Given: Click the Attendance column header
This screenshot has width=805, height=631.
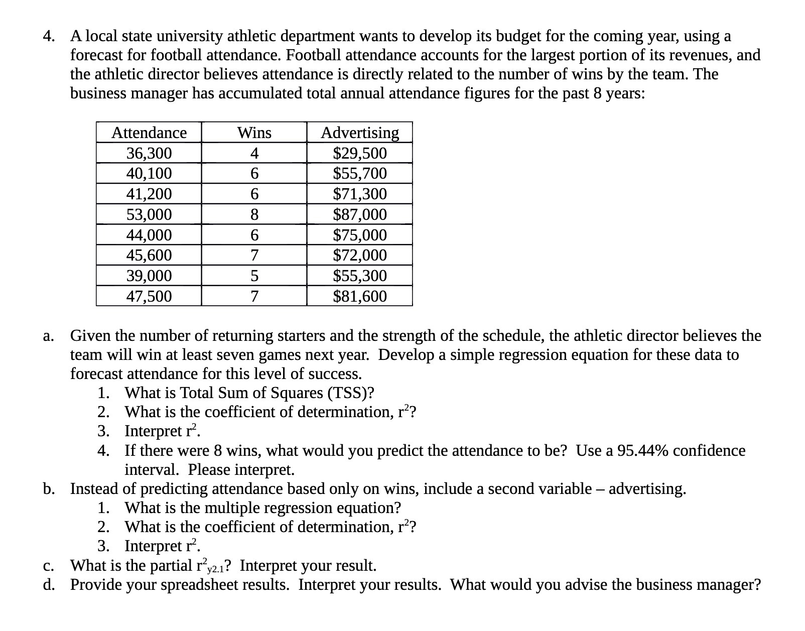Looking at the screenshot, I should click(x=149, y=133).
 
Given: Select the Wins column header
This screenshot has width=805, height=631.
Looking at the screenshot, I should click(x=254, y=133).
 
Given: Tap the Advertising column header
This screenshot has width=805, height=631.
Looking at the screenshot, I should click(x=360, y=133).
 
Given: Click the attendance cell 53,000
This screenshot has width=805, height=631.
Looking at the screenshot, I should click(x=149, y=215).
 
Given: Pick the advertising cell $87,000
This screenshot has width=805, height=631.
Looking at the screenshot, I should click(x=360, y=215).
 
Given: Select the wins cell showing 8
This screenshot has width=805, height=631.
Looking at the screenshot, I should click(x=254, y=215).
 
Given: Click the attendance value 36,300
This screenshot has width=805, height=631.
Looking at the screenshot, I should click(x=149, y=153).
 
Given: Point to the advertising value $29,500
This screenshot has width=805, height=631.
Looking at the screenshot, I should click(x=360, y=153).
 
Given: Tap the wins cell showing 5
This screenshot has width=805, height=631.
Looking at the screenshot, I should click(x=254, y=276).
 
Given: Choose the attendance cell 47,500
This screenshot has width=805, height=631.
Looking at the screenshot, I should click(x=149, y=297).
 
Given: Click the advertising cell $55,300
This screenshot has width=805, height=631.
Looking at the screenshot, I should click(x=360, y=276).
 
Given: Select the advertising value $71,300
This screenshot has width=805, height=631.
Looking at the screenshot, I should click(x=360, y=194).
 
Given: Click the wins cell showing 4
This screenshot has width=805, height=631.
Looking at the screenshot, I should click(x=254, y=153).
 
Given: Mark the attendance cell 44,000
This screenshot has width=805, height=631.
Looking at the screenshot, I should click(x=149, y=235).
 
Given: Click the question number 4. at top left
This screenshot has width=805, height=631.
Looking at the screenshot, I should click(x=49, y=36).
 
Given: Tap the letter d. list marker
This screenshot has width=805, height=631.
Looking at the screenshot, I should click(x=49, y=585).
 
